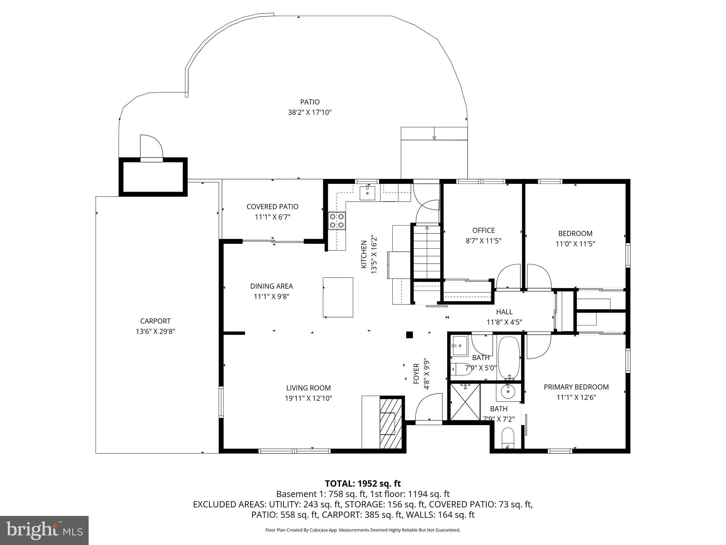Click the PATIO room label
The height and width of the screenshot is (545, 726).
[x=309, y=102]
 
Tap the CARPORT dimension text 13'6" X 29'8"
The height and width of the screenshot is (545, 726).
[x=155, y=331]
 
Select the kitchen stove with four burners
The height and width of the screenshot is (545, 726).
[x=336, y=220]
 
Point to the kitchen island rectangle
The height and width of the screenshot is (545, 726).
[x=337, y=297]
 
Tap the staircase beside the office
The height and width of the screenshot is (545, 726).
[x=427, y=252]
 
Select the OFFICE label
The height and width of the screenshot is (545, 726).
[x=483, y=231]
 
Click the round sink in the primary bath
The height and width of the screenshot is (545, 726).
[x=509, y=391]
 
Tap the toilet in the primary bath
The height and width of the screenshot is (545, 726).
[x=508, y=439]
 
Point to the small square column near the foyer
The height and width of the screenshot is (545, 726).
[x=409, y=335]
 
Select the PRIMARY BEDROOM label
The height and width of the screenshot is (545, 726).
[x=576, y=387]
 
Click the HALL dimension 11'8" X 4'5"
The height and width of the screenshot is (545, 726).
[x=504, y=322]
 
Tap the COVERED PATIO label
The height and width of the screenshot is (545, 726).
[x=272, y=207]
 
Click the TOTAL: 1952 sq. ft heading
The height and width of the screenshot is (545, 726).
[x=363, y=483]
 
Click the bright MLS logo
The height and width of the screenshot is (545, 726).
[x=44, y=530]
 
